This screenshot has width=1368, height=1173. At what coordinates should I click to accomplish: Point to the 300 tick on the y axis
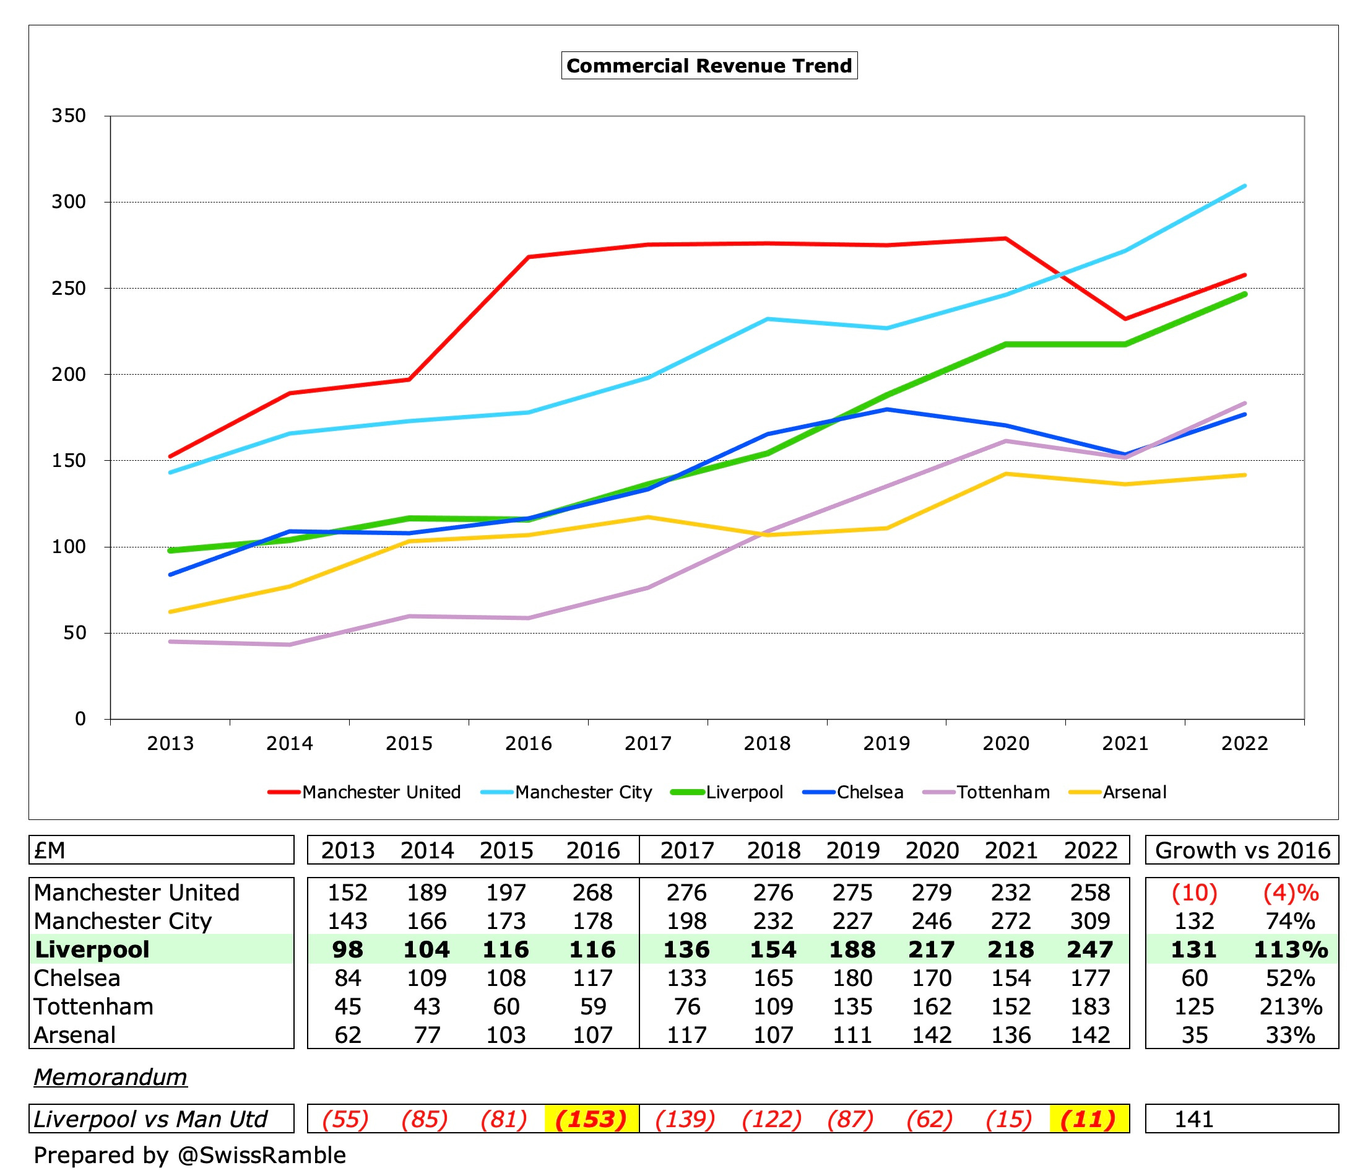(69, 201)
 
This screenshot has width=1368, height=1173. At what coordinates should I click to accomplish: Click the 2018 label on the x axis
(766, 744)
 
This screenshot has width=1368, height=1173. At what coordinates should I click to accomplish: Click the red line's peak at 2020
(1005, 238)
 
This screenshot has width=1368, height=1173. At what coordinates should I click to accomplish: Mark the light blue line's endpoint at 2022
(1245, 186)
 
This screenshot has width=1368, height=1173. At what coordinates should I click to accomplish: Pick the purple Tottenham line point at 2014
(290, 645)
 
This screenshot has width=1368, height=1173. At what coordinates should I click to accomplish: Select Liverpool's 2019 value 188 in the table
(852, 949)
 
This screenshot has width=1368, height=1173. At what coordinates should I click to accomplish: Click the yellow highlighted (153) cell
(592, 1119)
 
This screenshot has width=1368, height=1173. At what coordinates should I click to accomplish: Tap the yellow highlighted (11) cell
(1089, 1119)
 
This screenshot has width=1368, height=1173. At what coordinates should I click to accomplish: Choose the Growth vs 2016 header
(1242, 850)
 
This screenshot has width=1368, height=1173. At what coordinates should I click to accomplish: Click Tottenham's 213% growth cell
(1290, 1006)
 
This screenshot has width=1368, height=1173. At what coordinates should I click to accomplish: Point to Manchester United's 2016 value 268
(592, 892)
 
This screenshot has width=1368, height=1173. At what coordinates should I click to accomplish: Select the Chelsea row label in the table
(77, 977)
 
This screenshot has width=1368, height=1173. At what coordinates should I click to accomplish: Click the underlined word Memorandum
(110, 1076)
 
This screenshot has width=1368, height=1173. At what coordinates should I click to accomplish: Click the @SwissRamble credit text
(261, 1154)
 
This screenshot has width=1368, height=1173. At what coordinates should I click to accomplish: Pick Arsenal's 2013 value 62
(347, 1034)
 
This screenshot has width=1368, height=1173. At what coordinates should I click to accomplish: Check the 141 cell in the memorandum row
(1193, 1119)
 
